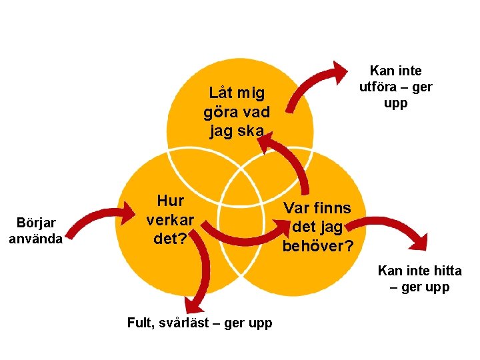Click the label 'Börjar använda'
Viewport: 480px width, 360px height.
pos(35,230)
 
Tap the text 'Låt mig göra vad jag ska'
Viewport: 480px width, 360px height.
pos(237,111)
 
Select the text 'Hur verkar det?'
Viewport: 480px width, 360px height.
pos(170,219)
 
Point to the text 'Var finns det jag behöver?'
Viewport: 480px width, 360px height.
pos(318,227)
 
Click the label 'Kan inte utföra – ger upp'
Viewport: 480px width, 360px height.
pos(395,87)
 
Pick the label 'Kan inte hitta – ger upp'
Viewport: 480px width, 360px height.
pos(419,279)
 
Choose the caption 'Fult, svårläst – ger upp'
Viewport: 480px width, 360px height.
pos(199,323)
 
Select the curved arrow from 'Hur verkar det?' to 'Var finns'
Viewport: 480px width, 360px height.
pos(240,234)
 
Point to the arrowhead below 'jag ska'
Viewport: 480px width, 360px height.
pos(267,142)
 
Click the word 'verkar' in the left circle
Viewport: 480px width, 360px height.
pos(170,219)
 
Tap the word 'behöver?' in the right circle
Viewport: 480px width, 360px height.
pos(318,246)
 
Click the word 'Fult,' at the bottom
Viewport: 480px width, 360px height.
pos(142,323)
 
